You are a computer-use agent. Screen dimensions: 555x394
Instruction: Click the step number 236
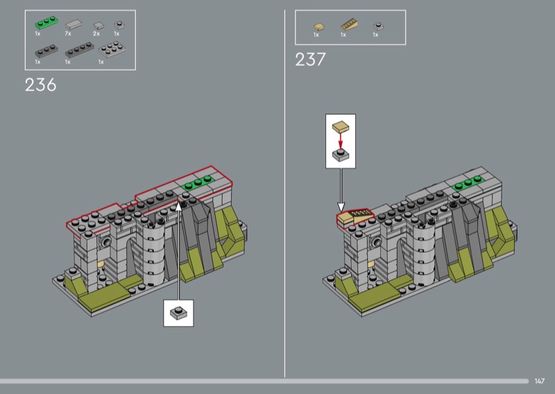pyautogui.click(x=40, y=85)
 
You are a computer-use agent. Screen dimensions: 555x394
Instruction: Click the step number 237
pyautogui.click(x=310, y=60)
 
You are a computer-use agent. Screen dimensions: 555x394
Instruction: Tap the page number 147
pyautogui.click(x=540, y=381)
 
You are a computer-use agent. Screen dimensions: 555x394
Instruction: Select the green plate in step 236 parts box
pyautogui.click(x=46, y=22)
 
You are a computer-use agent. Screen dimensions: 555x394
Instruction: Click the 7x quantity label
pyautogui.click(x=68, y=33)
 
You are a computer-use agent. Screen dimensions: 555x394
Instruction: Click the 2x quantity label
pyautogui.click(x=96, y=33)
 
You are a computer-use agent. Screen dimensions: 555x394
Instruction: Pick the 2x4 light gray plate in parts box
pyautogui.click(x=112, y=49)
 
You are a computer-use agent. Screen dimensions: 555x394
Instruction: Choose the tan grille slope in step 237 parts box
pyautogui.click(x=350, y=25)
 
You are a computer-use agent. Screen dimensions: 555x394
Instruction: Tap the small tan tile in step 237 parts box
pyautogui.click(x=319, y=27)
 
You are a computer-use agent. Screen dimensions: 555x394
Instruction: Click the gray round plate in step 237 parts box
pyautogui.click(x=378, y=26)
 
